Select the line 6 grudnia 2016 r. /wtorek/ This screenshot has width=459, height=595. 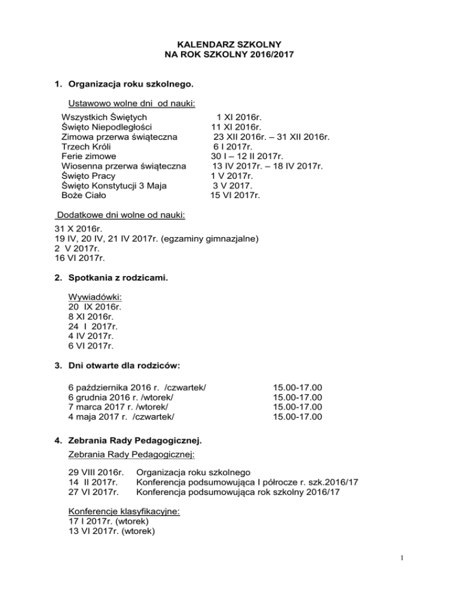pos(121,396)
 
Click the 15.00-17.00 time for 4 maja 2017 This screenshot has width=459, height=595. pos(297,415)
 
